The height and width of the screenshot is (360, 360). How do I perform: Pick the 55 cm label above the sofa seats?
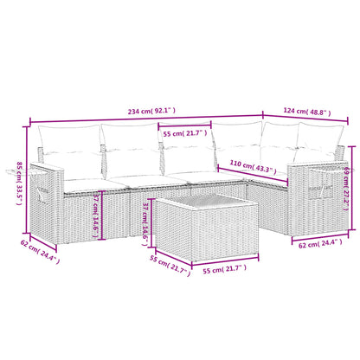184,132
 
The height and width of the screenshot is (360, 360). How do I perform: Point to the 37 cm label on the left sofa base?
99,209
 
